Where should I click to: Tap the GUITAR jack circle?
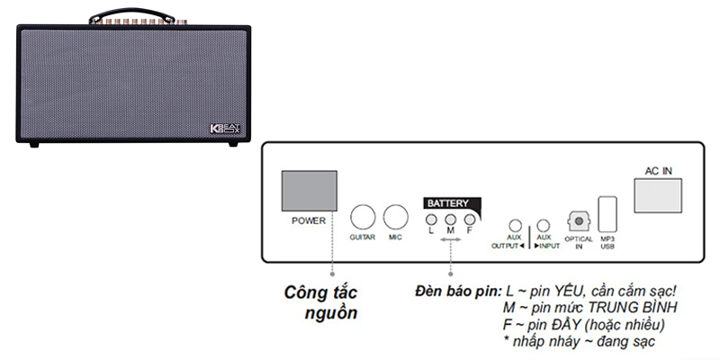(x=362, y=217)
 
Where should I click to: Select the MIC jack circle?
(x=394, y=217)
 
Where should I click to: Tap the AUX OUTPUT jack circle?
(x=515, y=226)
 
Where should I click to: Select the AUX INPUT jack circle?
(x=543, y=226)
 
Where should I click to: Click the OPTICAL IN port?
(x=579, y=220)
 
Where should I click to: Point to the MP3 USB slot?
(x=607, y=213)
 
